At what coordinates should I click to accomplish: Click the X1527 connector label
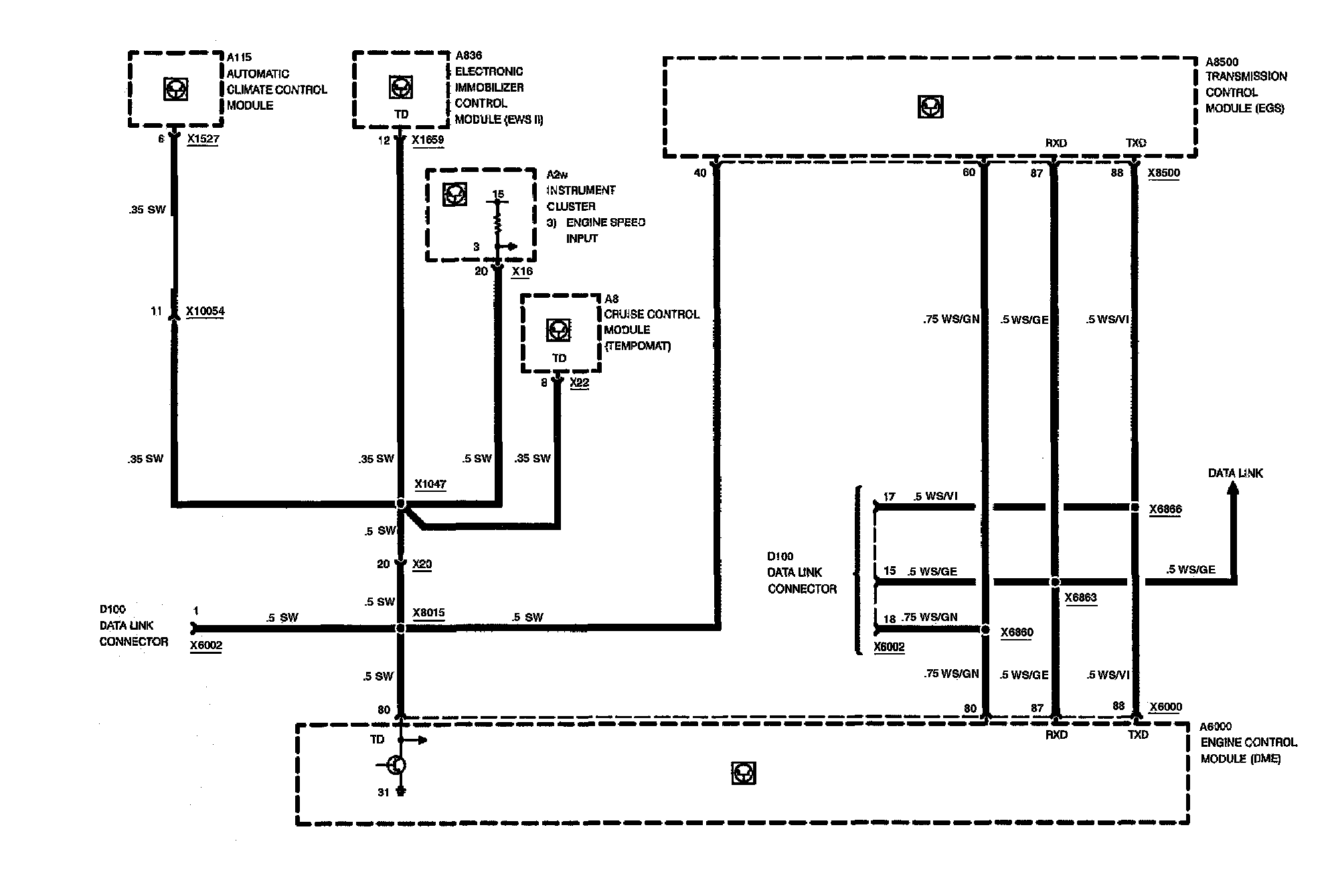(203, 139)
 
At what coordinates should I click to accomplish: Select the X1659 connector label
(428, 140)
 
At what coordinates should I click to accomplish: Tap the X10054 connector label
(205, 311)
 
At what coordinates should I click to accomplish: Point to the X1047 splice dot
(400, 503)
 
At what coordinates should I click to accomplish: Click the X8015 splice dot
(400, 628)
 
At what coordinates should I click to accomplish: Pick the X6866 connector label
(1165, 509)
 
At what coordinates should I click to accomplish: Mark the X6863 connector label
(1080, 597)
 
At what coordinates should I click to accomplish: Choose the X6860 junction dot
(985, 630)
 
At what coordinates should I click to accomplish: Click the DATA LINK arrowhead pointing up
(1232, 490)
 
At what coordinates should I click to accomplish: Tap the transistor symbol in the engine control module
(396, 765)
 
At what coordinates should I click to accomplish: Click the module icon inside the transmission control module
(930, 107)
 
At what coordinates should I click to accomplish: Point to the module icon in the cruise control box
(558, 330)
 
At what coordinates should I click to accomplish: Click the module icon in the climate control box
(175, 89)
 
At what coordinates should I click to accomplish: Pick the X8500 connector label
(1163, 173)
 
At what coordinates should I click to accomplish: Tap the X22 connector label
(579, 383)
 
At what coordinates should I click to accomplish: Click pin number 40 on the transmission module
(699, 173)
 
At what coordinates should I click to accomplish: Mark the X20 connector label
(422, 564)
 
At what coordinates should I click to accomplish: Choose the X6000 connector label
(1165, 707)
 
